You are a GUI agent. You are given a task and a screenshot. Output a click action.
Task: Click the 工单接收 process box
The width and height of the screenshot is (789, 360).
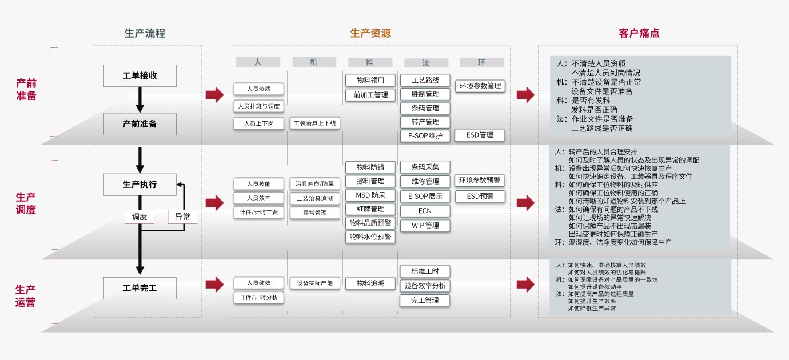click(x=140, y=75)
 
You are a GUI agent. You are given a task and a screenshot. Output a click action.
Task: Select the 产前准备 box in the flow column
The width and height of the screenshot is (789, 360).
click(x=140, y=123)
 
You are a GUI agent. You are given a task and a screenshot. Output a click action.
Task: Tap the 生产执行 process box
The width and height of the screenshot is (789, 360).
click(x=140, y=185)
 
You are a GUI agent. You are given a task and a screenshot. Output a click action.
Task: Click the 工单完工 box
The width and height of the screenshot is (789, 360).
click(x=140, y=288)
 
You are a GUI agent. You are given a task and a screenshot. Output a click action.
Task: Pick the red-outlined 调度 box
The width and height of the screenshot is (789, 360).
click(x=140, y=217)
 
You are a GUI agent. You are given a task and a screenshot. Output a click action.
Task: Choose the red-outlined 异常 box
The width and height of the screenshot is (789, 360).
click(x=182, y=217)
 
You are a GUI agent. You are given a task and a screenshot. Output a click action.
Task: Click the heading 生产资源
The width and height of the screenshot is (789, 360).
click(x=370, y=33)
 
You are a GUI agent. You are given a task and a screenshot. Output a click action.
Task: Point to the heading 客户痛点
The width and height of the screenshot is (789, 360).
click(x=639, y=33)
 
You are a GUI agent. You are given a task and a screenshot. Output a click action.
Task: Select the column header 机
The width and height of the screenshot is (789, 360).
click(x=314, y=62)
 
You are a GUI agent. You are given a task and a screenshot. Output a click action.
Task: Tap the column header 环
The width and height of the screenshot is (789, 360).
click(x=481, y=62)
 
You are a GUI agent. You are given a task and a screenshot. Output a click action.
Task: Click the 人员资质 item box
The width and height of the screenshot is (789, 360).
click(x=258, y=89)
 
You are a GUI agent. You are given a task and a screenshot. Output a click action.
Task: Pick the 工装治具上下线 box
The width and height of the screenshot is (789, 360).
click(x=314, y=123)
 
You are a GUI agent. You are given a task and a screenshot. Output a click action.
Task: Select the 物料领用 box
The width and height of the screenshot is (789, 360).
click(x=370, y=80)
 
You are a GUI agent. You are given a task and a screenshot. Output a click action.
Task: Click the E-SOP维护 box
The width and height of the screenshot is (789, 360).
click(x=425, y=135)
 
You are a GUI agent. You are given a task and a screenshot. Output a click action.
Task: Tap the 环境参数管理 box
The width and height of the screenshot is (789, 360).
click(x=480, y=86)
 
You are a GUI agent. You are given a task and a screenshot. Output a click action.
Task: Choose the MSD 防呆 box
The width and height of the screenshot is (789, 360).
click(x=370, y=195)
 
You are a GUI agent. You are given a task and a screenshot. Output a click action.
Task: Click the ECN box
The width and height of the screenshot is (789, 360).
click(x=425, y=210)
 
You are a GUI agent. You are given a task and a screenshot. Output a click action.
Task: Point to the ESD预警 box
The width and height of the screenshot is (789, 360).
click(x=480, y=196)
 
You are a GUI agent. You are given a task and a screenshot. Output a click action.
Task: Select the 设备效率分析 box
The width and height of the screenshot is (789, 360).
click(x=425, y=286)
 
